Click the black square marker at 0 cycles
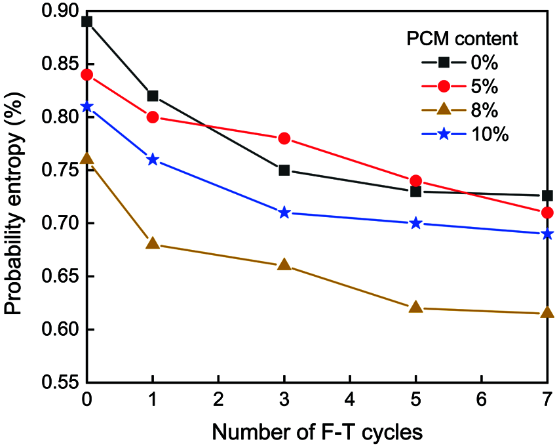coord(86,21)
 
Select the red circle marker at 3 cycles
coord(284,138)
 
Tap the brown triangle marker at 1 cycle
coord(153,243)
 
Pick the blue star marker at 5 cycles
coord(415,223)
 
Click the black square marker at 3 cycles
coord(284,170)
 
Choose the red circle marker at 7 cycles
coord(547,213)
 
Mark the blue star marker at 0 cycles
coord(86,106)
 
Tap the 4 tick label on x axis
coord(350,399)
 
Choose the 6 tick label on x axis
coord(481,399)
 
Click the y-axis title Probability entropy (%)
coord(18,197)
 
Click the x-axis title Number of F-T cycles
coord(317,432)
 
